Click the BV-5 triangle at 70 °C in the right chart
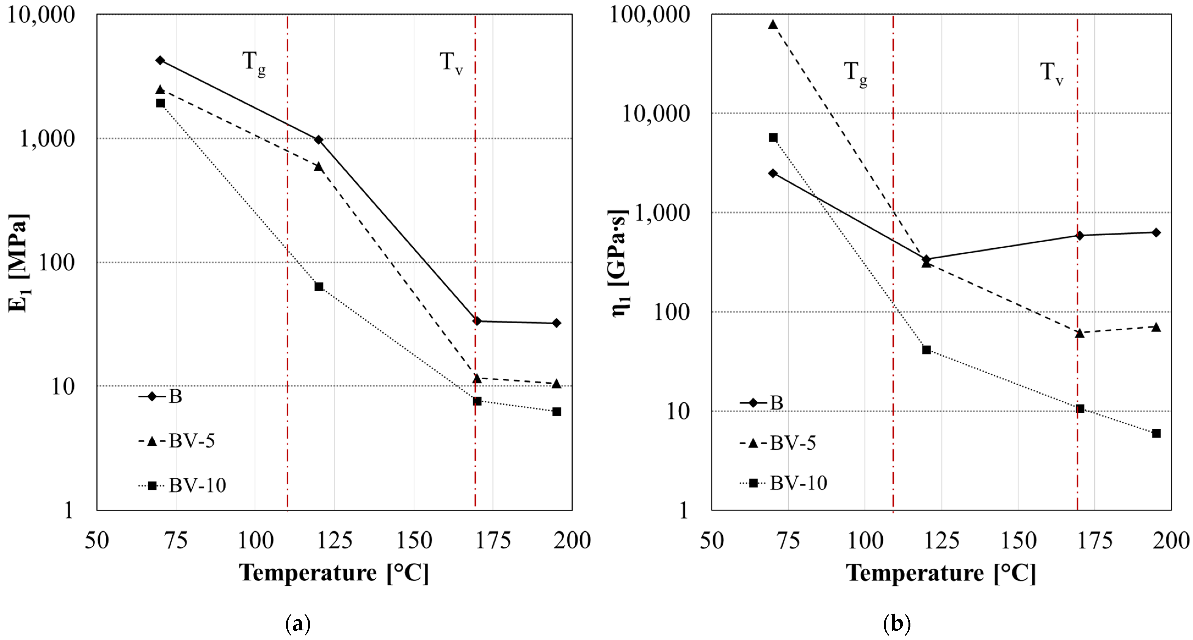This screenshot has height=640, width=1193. point(773,24)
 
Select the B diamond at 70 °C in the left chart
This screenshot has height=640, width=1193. point(160,60)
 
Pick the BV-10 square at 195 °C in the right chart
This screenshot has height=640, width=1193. point(1156,433)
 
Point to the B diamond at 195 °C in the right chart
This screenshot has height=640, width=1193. point(1156,233)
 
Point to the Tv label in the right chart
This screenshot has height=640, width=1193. point(1051,74)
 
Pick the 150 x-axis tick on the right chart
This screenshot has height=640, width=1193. point(1018,540)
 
